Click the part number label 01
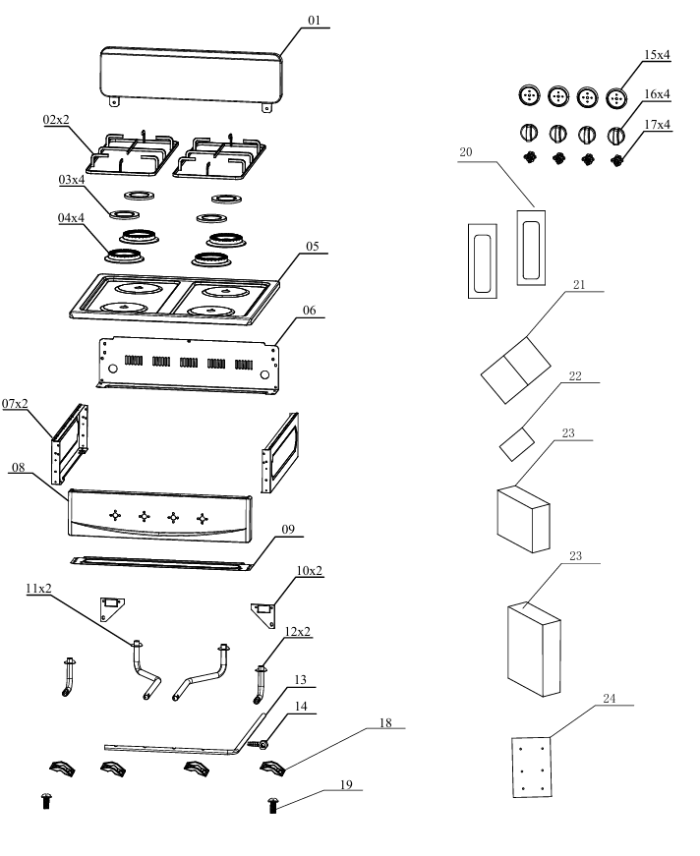(x=314, y=20)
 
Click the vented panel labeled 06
(x=187, y=362)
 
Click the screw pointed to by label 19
(x=273, y=806)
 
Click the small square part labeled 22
(x=515, y=444)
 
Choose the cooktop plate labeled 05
(x=172, y=299)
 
